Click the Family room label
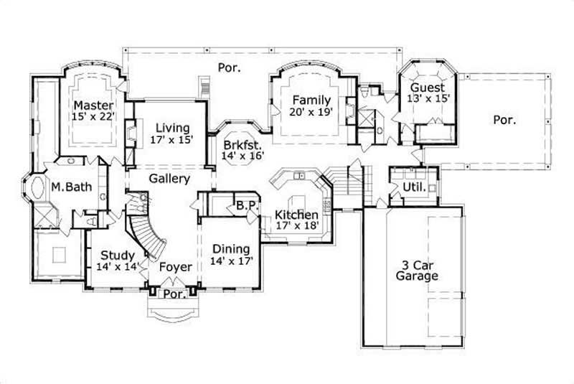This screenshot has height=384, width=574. [x=311, y=100]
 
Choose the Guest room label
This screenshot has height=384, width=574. [x=427, y=88]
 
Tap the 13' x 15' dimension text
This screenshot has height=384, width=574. [x=429, y=99]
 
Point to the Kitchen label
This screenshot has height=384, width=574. [x=297, y=215]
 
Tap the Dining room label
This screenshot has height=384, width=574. [x=230, y=249]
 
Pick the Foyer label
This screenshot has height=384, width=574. [x=176, y=267]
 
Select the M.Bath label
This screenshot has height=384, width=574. [x=70, y=188]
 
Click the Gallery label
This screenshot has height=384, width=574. [x=169, y=179]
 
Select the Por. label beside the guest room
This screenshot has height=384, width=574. [x=504, y=120]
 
